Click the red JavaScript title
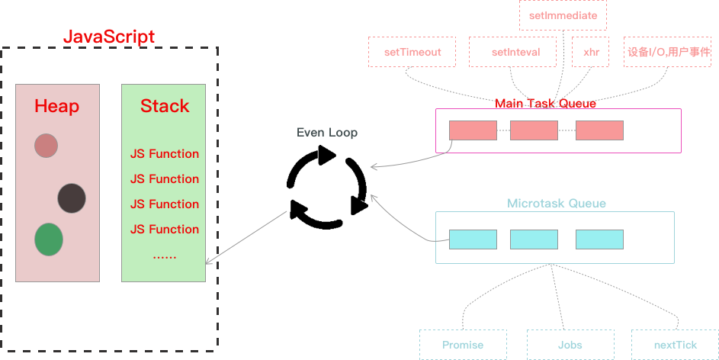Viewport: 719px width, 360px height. (x=108, y=37)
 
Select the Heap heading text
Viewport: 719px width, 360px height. (x=56, y=106)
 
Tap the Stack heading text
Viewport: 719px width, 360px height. (x=164, y=106)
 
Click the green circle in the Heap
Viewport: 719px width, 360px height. (x=49, y=239)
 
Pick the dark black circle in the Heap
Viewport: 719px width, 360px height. (x=72, y=198)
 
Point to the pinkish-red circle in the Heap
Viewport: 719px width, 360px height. (x=47, y=145)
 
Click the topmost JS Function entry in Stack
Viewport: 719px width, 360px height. (x=165, y=154)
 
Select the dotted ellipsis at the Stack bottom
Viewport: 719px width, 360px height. (x=165, y=256)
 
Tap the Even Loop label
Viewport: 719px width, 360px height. (x=326, y=132)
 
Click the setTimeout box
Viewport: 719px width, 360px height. (x=412, y=53)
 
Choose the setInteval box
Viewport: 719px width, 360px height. (x=515, y=53)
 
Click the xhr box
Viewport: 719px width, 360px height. (x=591, y=53)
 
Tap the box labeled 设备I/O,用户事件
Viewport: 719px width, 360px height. (x=669, y=53)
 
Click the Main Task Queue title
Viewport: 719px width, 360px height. (x=545, y=103)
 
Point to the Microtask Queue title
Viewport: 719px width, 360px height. (x=557, y=204)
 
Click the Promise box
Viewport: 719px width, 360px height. (x=463, y=345)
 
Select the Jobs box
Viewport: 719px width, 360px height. (x=570, y=345)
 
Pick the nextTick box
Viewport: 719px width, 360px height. (x=675, y=345)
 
